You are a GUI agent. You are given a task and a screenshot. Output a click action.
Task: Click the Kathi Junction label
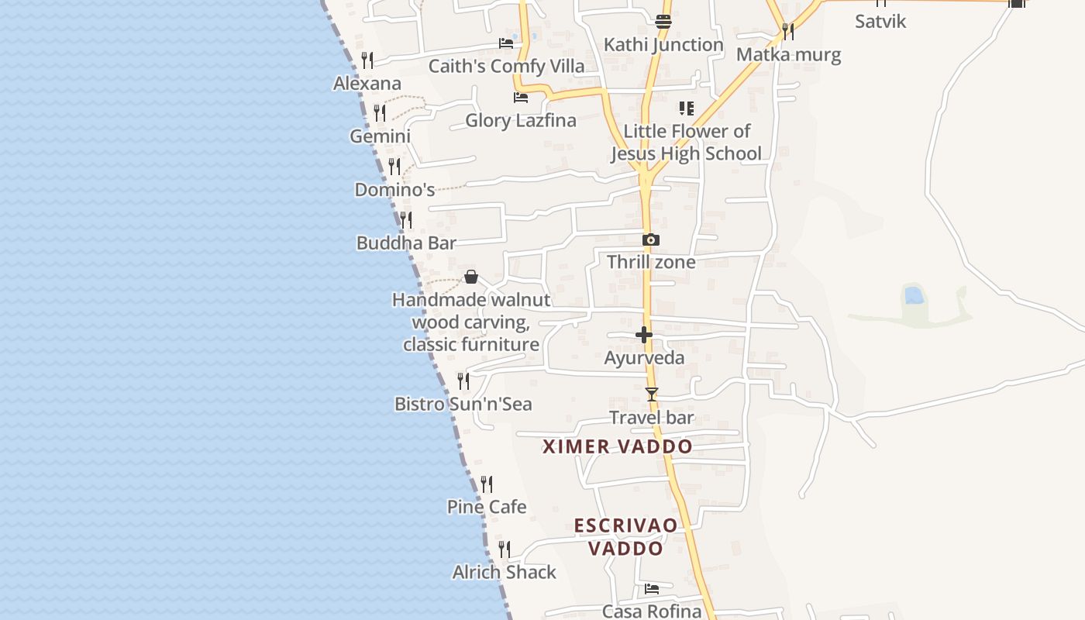[663, 45]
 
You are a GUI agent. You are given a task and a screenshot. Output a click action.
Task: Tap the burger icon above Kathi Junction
[663, 22]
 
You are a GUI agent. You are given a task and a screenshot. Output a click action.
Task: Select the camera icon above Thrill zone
[651, 240]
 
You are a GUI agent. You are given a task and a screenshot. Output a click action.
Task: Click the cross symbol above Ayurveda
[644, 335]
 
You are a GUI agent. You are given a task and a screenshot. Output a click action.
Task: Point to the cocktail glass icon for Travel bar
[652, 394]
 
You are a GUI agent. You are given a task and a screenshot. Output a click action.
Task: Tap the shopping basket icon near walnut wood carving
[471, 277]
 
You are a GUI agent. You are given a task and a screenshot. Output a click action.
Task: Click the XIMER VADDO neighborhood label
[618, 447]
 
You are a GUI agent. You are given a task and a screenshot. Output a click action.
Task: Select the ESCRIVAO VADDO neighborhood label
[625, 537]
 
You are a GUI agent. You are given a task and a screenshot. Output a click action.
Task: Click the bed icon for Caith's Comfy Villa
[506, 43]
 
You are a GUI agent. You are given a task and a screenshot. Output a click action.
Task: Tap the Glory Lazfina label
[521, 120]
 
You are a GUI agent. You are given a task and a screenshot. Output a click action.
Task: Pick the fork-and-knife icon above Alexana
[367, 60]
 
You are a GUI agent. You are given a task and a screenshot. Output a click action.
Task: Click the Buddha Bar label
[406, 243]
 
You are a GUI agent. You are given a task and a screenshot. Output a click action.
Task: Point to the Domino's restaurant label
[394, 190]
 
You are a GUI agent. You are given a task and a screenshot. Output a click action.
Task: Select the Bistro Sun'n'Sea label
[463, 404]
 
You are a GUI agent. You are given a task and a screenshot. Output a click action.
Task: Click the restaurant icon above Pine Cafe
[487, 484]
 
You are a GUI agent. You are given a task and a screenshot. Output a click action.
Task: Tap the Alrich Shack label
[505, 573]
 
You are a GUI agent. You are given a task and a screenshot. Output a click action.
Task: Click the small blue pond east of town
[914, 295]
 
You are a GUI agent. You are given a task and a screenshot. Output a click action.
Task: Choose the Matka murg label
[788, 55]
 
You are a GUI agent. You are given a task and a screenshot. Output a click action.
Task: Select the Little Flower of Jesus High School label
[687, 143]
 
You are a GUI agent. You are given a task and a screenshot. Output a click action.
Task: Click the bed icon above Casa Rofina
[652, 589]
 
